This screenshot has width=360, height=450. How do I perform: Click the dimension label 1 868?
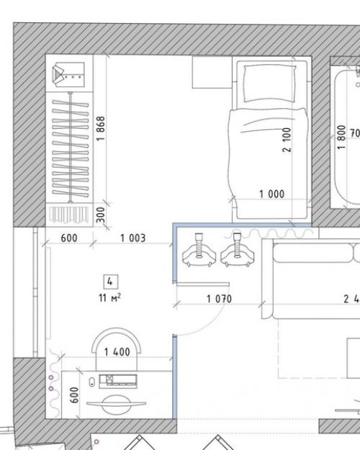click(x=101, y=128)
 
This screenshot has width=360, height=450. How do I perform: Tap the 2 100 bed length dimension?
click(x=287, y=140)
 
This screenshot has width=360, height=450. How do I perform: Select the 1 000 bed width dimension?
click(x=272, y=194)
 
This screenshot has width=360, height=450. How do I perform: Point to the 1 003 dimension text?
click(x=133, y=238)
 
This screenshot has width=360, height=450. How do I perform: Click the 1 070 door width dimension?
click(x=219, y=299)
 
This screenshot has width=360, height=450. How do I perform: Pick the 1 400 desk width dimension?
click(x=117, y=352)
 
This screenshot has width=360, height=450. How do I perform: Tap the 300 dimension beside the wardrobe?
click(x=101, y=215)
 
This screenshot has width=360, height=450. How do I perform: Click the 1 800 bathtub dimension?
click(x=341, y=138)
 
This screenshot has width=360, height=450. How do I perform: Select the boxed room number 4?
click(x=110, y=282)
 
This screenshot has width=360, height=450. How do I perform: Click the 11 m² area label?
click(x=109, y=297)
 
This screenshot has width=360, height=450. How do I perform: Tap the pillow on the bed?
click(x=269, y=84)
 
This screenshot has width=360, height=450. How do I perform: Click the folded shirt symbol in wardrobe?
click(x=68, y=75)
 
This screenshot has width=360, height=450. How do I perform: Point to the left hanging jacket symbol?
click(x=199, y=251)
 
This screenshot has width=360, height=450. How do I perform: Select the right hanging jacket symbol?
click(x=238, y=250)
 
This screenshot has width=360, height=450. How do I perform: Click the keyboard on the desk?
click(x=118, y=382)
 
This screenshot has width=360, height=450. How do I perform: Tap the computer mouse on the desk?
click(x=92, y=382)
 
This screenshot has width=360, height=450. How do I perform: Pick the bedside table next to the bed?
click(x=212, y=72)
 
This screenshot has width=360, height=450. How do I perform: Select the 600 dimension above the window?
click(x=69, y=238)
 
